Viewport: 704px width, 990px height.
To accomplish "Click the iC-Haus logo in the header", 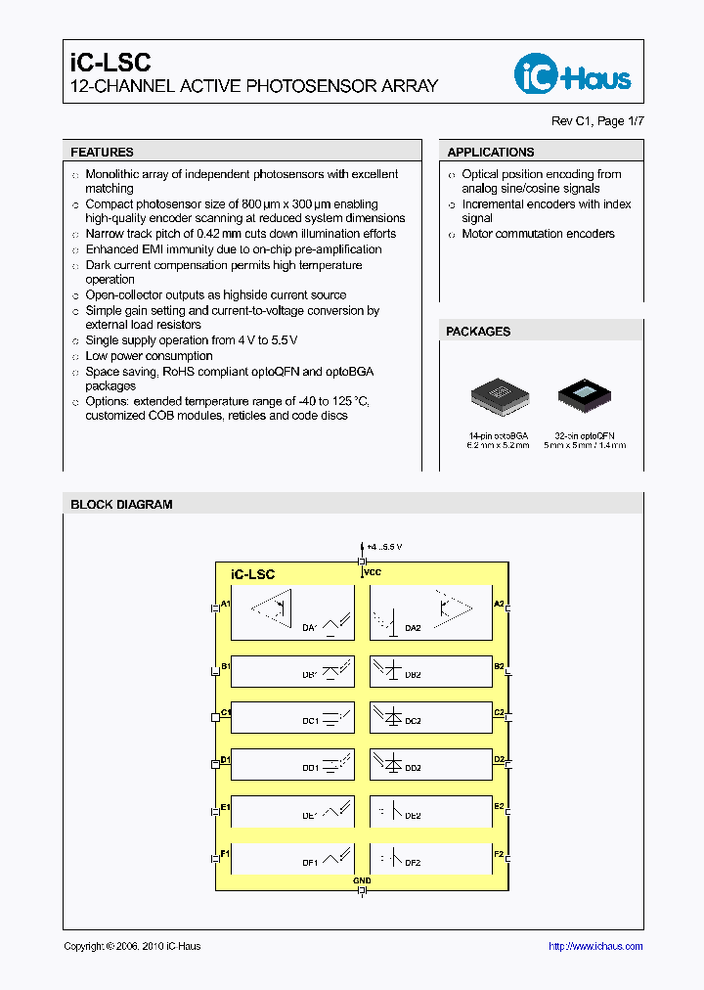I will pyautogui.click(x=573, y=73).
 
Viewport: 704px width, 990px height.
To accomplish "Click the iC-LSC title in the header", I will pyautogui.click(x=110, y=62).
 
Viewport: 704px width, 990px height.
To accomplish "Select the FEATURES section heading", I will pyautogui.click(x=102, y=153).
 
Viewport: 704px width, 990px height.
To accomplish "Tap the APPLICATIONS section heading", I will pyautogui.click(x=490, y=153).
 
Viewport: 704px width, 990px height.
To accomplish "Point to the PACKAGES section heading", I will pyautogui.click(x=478, y=332).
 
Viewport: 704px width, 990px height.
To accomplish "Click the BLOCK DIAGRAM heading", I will pyautogui.click(x=121, y=505).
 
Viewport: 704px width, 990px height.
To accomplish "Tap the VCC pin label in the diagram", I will pyautogui.click(x=373, y=571).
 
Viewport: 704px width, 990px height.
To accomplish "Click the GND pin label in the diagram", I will pyautogui.click(x=362, y=880).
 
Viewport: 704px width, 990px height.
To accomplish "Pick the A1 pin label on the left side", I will pyautogui.click(x=225, y=605).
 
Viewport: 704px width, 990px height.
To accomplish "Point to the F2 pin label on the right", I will pyautogui.click(x=499, y=854).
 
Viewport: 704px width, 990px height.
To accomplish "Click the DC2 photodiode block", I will pyautogui.click(x=431, y=717).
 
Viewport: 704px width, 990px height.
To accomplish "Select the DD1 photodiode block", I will pyautogui.click(x=292, y=764).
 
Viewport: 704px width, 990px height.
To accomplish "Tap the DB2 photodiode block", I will pyautogui.click(x=431, y=671).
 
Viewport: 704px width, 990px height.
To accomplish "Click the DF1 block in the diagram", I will pyautogui.click(x=292, y=858).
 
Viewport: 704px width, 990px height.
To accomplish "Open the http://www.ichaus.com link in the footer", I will pyautogui.click(x=594, y=946).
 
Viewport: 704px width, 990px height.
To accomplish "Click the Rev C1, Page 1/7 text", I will pyautogui.click(x=597, y=120).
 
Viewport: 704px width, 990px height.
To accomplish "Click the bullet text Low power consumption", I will pyautogui.click(x=149, y=356).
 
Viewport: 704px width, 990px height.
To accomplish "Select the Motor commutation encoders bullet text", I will pyautogui.click(x=538, y=234).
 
